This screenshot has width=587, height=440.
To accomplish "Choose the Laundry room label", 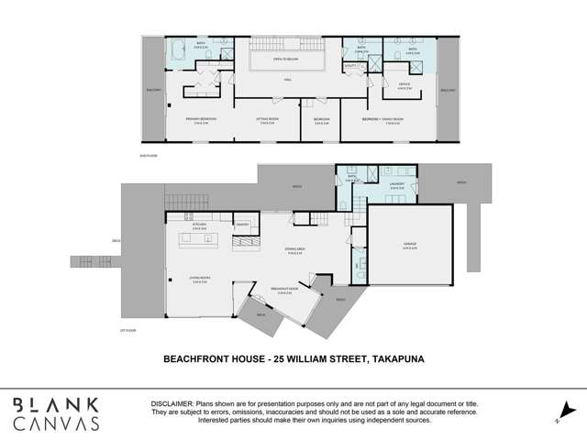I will coord(396,184).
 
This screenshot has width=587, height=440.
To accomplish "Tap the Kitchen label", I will coord(199,225).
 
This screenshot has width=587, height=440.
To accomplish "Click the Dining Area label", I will coord(293,253).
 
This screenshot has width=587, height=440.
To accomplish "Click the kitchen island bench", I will coord(201,240).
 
